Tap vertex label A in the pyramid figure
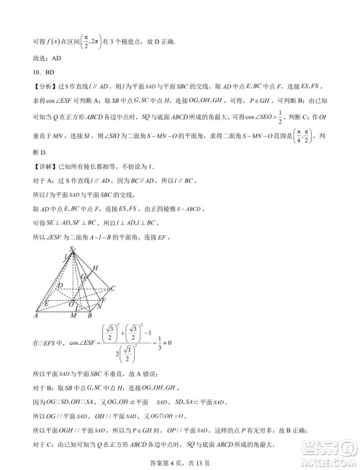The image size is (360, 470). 36,315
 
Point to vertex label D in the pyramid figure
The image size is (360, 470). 60,286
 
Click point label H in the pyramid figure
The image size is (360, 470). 96,268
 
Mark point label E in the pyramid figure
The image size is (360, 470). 47,302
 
